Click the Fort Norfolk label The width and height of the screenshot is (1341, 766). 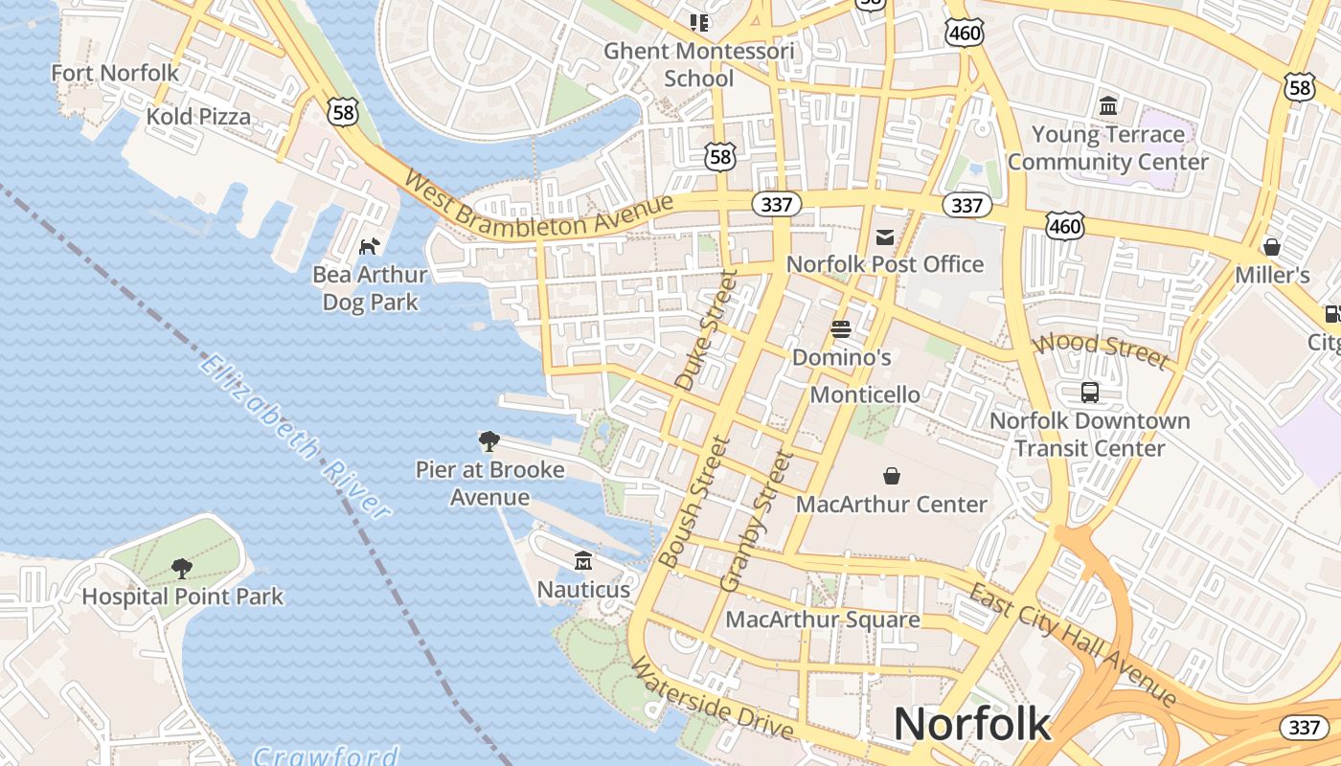(115, 73)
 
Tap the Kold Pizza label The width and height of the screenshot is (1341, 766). (198, 117)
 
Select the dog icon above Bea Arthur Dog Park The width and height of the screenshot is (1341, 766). (369, 247)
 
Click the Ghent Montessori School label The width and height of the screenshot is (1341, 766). (699, 64)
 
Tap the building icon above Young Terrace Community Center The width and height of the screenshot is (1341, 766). (1108, 105)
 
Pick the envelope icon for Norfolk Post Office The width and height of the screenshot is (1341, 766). (885, 237)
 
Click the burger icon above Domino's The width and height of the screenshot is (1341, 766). (841, 329)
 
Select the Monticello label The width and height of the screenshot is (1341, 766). (865, 394)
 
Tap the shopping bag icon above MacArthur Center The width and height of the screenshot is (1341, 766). (892, 476)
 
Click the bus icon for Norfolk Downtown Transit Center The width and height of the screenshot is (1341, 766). (1090, 392)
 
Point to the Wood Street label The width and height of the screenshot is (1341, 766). (1102, 349)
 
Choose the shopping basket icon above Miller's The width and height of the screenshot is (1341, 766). (1272, 247)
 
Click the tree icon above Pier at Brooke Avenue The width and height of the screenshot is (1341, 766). (489, 441)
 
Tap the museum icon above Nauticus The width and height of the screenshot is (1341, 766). (583, 560)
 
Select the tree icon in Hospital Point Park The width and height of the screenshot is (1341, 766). (182, 569)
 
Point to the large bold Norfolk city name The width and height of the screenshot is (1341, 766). (972, 724)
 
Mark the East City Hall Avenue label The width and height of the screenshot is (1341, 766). (1073, 642)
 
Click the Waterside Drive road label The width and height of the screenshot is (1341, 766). (712, 699)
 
